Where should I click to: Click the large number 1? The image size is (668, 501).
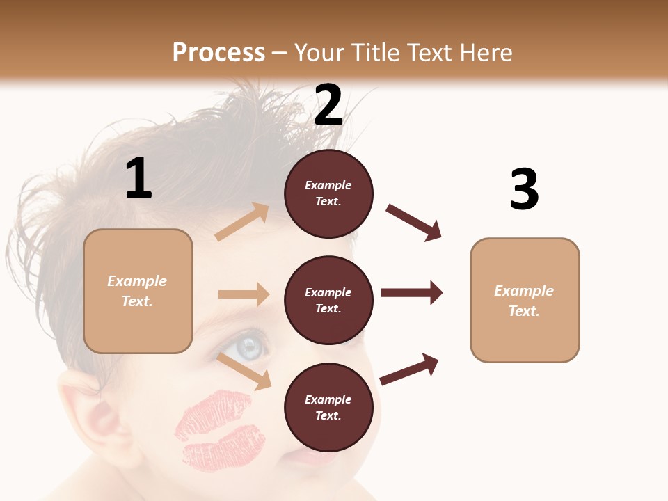point(138,178)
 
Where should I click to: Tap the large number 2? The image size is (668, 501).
point(328,105)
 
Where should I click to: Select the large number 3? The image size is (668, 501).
point(524,189)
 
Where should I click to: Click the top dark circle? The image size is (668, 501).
point(328,193)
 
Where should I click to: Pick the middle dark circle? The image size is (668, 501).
point(328,300)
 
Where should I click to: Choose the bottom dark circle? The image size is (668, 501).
point(328,407)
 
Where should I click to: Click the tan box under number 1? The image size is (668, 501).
point(138,291)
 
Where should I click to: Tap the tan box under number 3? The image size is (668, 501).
point(525,300)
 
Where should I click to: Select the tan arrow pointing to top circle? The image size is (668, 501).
point(242,222)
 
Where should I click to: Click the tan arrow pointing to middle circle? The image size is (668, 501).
point(244,294)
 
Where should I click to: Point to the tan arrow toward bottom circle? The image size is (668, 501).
point(244,371)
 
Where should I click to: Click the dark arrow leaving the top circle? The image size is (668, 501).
point(414,223)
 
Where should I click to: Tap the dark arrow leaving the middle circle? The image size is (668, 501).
point(412,293)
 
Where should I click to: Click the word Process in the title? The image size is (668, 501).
point(218,52)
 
